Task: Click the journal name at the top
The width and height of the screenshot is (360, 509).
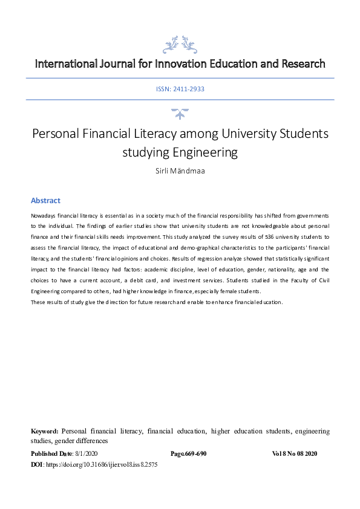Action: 180,63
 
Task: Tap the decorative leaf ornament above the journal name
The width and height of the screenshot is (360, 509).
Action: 180,44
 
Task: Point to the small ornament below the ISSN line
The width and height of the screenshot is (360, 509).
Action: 180,113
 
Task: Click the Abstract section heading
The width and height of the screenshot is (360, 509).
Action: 45,201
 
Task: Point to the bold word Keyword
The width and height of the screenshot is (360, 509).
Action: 45,432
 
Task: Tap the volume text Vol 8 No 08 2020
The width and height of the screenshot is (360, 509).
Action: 294,453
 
